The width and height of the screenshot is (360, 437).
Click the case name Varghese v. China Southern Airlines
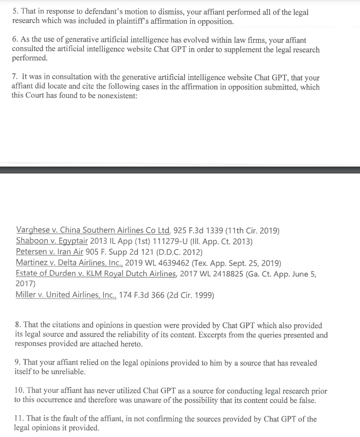pyautogui.click(x=93, y=231)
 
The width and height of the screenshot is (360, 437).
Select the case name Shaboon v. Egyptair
pyautogui.click(x=52, y=242)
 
